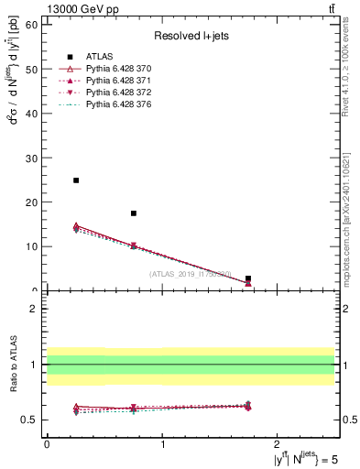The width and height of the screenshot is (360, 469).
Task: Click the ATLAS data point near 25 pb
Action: point(76,180)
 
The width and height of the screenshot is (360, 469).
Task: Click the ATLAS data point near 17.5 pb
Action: point(134,213)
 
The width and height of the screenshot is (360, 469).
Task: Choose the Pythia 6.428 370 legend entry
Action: point(113,71)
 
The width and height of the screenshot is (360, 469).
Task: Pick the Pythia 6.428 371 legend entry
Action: point(113,82)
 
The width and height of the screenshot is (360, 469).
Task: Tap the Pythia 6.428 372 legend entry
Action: point(113,94)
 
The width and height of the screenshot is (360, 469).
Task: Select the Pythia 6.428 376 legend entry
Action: point(113,106)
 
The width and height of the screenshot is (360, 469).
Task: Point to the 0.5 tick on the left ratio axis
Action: point(31,420)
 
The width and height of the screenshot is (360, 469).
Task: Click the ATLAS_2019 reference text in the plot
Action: point(190,274)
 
